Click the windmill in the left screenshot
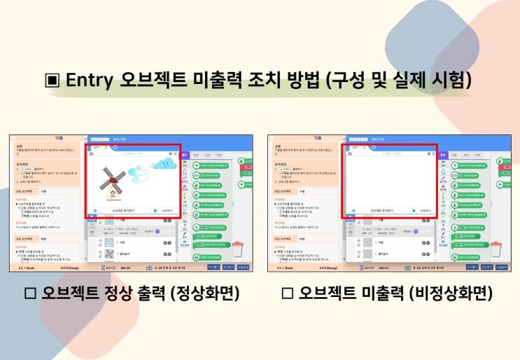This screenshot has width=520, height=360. pos(112,181)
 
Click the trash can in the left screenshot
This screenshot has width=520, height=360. pos(238,248)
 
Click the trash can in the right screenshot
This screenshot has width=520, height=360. pos(496,248)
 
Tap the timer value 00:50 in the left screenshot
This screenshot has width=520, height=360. pos(126,267)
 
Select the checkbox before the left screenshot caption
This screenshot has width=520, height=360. pos(30,293)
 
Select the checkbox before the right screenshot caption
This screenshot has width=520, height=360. pos(286,293)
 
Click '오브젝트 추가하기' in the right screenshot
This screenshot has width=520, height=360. pos(382,210)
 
